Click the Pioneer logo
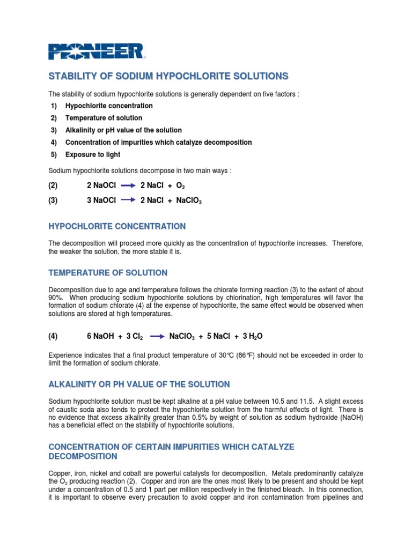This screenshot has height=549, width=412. point(96,51)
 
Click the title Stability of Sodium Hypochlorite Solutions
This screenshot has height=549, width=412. point(168,76)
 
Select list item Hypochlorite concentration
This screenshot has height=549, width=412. point(109,106)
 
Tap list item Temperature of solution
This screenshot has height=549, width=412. point(104,118)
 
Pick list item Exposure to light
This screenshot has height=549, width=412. point(93,154)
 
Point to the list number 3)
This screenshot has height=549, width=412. point(54,130)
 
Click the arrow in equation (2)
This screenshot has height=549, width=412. point(128,186)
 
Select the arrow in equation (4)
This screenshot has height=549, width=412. point(157,336)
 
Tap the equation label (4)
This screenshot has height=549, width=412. point(53,336)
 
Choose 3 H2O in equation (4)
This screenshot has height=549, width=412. point(252,336)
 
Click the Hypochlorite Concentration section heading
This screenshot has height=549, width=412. point(117,226)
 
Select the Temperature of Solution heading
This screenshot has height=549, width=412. point(108,272)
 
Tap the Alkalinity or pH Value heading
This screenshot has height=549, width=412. point(139,384)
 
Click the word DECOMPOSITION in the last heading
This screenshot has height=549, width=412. point(83,456)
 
